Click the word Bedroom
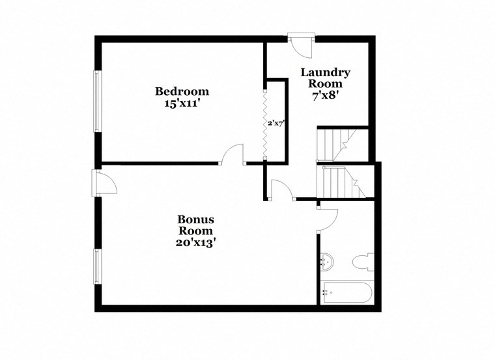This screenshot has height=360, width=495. pos(182,91)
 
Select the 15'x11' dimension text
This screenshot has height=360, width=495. pos(182,103)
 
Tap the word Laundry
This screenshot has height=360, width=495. pos(325,72)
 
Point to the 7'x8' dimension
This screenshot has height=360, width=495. pos(325,94)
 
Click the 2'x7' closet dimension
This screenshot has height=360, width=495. pos(276,122)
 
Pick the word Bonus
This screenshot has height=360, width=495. pos(196,219)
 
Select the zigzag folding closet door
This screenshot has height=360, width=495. pos(264,122)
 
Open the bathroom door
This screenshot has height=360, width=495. pos(328,218)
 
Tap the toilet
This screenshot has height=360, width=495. pos(361,263)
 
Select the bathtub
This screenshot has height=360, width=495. pos(346,292)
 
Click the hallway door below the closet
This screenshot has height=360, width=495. pos(280,189)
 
